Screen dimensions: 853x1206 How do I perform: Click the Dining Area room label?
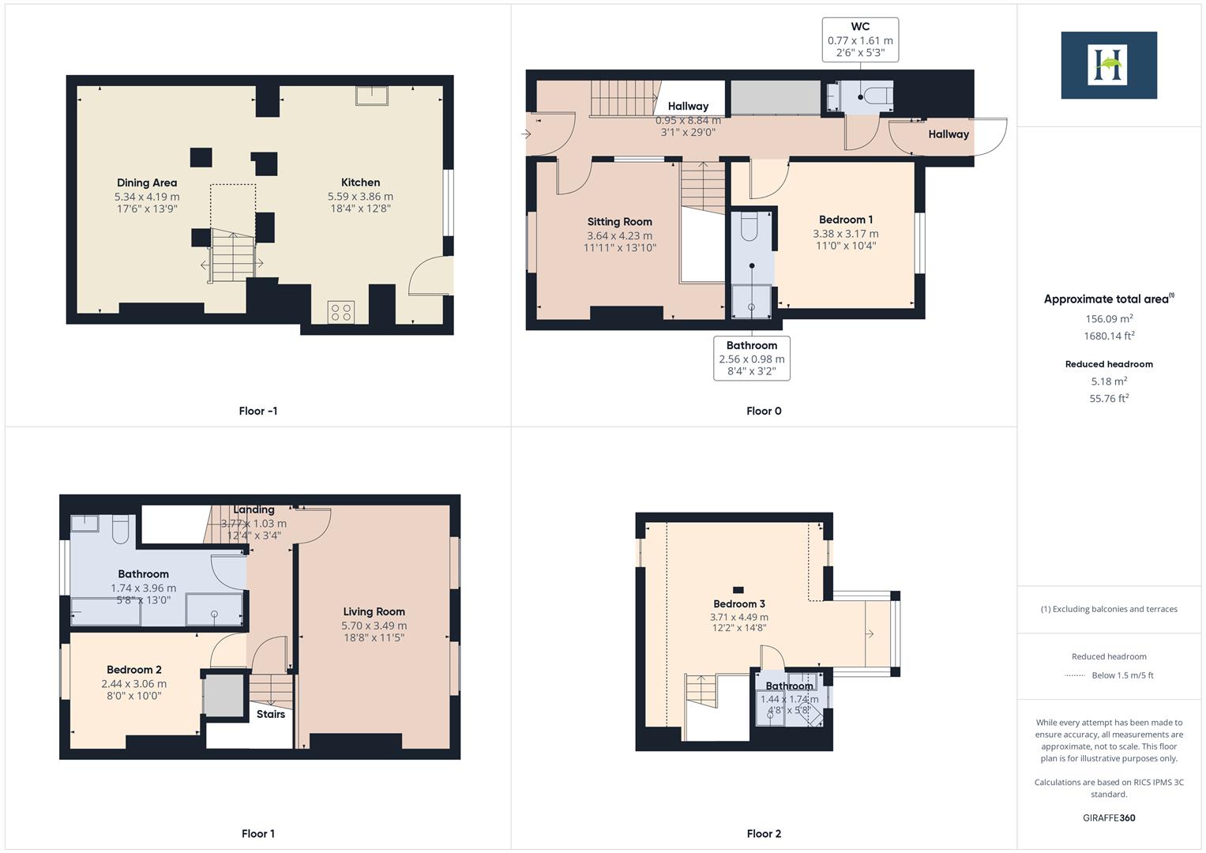(x=147, y=182)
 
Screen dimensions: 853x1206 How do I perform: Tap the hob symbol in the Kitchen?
(x=341, y=312)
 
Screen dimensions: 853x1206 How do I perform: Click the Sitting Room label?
(x=619, y=222)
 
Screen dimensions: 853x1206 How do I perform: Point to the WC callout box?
(x=860, y=39)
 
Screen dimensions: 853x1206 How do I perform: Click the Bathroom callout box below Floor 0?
(x=751, y=359)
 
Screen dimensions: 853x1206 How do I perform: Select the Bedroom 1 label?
(x=845, y=220)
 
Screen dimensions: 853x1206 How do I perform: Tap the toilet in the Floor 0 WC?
(x=877, y=96)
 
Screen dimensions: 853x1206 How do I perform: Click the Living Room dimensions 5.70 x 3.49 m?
(x=374, y=626)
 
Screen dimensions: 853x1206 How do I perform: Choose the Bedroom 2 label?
(x=134, y=670)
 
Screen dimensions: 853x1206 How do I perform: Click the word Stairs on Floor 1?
(x=270, y=714)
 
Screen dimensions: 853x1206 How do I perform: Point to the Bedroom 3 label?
(x=739, y=604)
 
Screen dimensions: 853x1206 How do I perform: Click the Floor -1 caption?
(x=257, y=411)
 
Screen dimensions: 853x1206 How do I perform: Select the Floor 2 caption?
(x=764, y=833)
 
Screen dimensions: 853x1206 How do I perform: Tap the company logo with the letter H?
(x=1108, y=65)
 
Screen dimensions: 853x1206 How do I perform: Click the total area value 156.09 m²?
(x=1109, y=319)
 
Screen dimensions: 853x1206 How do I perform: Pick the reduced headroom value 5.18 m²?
(x=1109, y=381)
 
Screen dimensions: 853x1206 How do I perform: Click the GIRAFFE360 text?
(x=1109, y=817)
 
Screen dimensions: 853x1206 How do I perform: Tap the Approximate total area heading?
(x=1108, y=299)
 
